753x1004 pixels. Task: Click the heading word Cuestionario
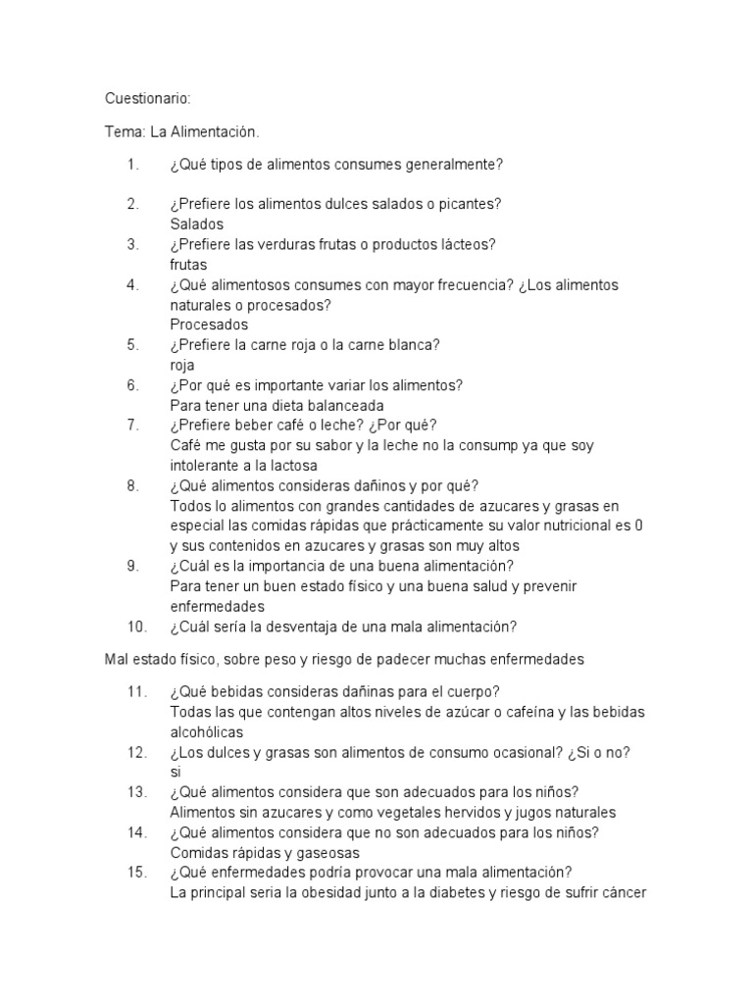click(148, 99)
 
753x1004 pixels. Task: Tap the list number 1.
click(131, 164)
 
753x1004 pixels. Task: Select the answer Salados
click(196, 225)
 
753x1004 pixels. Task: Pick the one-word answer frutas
click(188, 265)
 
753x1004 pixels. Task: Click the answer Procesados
click(209, 325)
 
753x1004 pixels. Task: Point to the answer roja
click(182, 365)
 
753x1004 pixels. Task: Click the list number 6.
click(132, 385)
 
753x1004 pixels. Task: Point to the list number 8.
click(132, 485)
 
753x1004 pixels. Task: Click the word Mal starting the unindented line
click(117, 660)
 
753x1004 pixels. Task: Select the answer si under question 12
click(176, 772)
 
